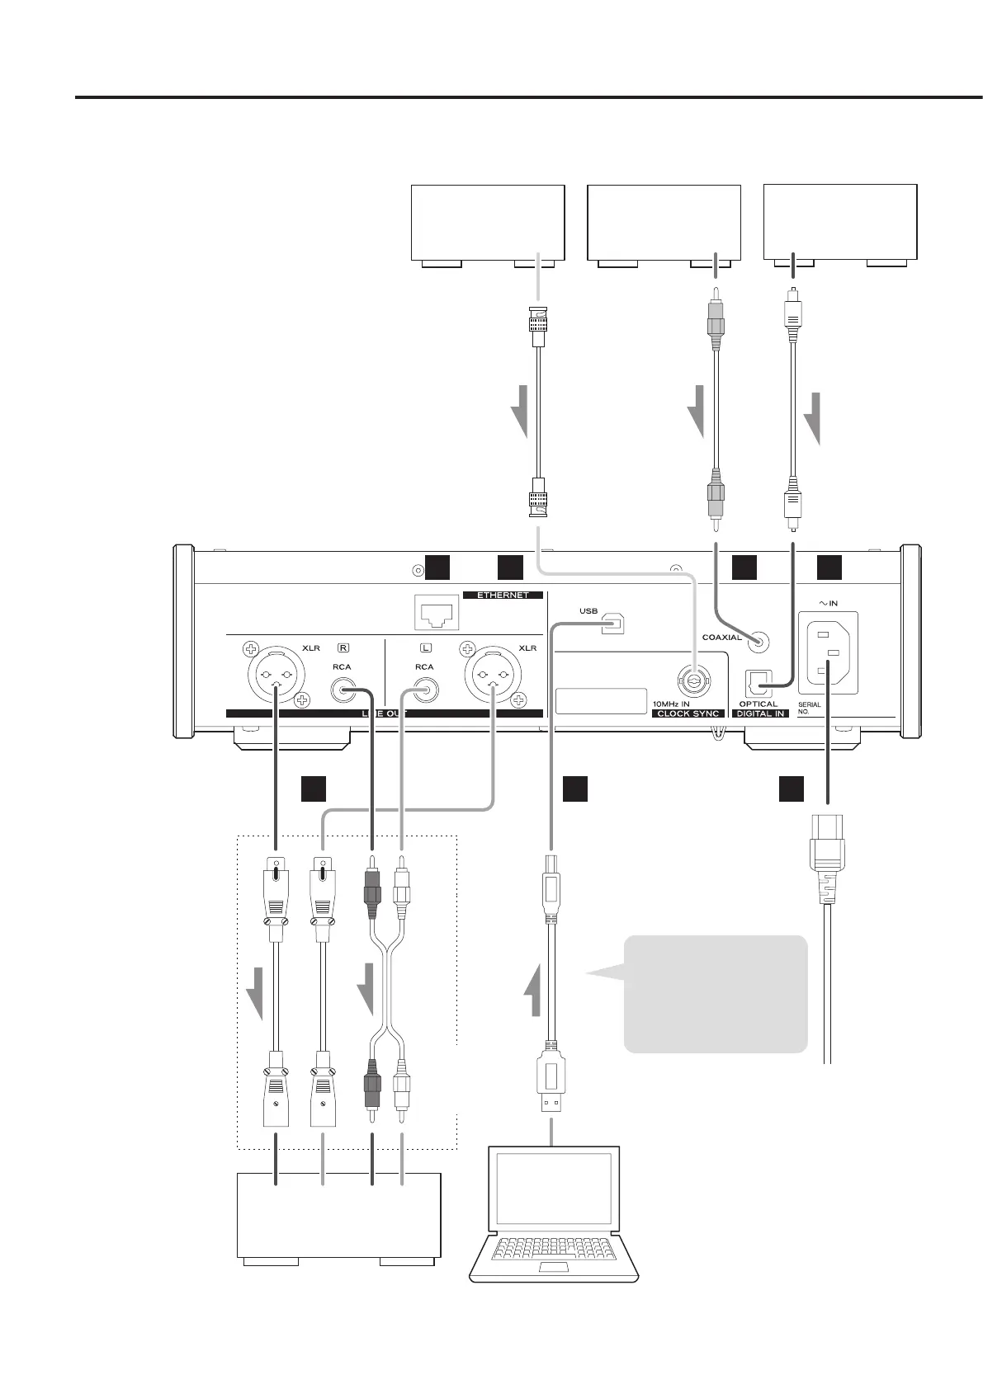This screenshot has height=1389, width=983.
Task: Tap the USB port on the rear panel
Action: (x=612, y=624)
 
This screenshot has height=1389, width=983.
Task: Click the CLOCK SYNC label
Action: (x=689, y=713)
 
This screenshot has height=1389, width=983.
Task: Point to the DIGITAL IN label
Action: (x=760, y=713)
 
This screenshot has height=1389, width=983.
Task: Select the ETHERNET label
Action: (x=503, y=595)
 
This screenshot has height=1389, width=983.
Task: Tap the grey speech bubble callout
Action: (x=715, y=993)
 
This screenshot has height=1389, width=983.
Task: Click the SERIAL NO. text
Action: (x=810, y=708)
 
